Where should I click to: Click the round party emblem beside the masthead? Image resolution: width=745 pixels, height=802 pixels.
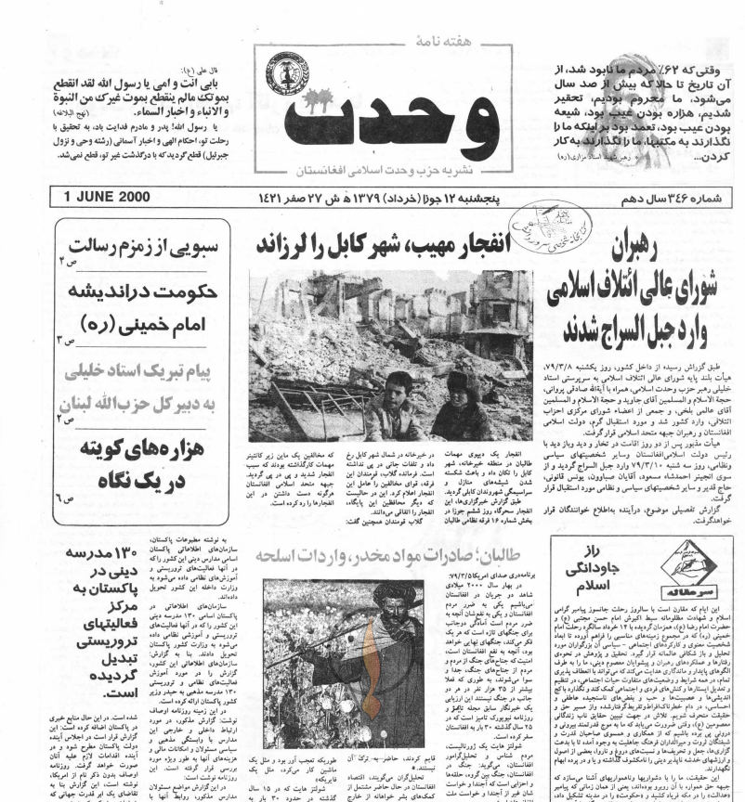click(x=289, y=80)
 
